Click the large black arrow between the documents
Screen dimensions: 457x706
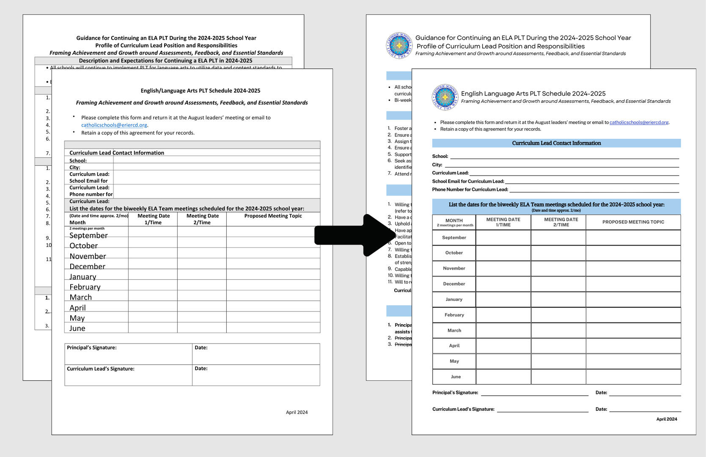click(x=355, y=235)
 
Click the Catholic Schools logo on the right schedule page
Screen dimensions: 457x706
click(x=445, y=97)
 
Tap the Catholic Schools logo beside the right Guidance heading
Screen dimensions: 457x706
click(x=399, y=45)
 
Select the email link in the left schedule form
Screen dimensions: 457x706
click(x=114, y=125)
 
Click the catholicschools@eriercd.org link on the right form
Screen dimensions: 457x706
click(x=639, y=122)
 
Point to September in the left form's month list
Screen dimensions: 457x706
click(x=88, y=236)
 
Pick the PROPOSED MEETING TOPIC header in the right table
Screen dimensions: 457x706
click(x=633, y=222)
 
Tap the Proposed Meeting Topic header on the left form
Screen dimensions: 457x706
click(x=273, y=216)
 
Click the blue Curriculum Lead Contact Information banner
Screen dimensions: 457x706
click(x=556, y=143)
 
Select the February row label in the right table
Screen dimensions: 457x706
click(x=454, y=315)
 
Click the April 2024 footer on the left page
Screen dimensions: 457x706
click(x=297, y=412)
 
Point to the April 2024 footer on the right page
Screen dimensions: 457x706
click(x=666, y=419)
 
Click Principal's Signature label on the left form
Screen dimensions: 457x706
click(x=92, y=347)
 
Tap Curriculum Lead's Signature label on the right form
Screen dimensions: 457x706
click(x=463, y=409)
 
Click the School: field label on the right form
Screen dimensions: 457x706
click(x=440, y=156)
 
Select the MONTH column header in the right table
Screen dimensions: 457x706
click(x=454, y=220)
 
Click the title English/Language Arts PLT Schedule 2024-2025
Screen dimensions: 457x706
click(x=201, y=91)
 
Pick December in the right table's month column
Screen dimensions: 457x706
click(x=454, y=284)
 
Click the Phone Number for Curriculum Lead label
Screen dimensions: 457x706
click(x=470, y=190)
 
